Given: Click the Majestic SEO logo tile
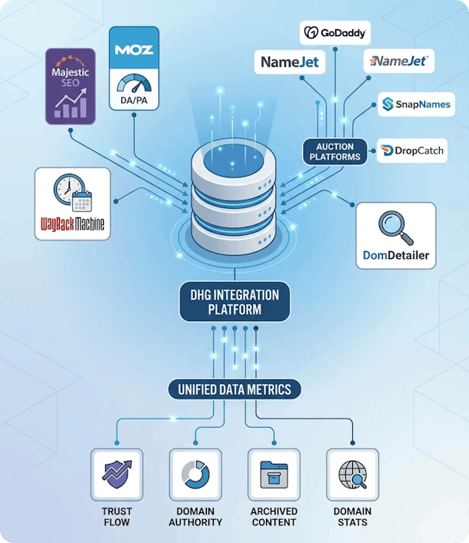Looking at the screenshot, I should pyautogui.click(x=70, y=86).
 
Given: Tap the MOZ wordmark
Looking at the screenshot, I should pyautogui.click(x=135, y=50).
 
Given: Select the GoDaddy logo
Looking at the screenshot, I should pyautogui.click(x=334, y=33).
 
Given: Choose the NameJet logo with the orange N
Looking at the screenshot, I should pyautogui.click(x=399, y=60).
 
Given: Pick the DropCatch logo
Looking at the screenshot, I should pyautogui.click(x=413, y=151).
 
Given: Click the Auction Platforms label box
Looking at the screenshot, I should pyautogui.click(x=334, y=151).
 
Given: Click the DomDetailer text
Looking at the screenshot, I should pyautogui.click(x=396, y=255).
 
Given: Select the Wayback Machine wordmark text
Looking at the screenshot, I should pyautogui.click(x=73, y=227).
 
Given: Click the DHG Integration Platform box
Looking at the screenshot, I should pyautogui.click(x=234, y=301).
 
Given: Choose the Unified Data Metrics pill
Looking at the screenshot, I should pyautogui.click(x=234, y=389).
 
